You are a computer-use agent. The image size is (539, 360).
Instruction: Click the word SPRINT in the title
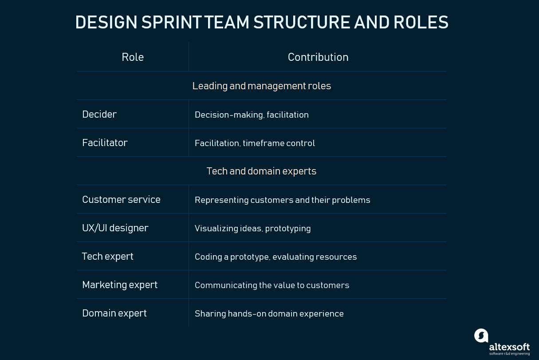(171, 22)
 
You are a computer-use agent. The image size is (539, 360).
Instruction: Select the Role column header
(133, 57)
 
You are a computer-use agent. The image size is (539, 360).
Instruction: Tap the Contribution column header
(318, 57)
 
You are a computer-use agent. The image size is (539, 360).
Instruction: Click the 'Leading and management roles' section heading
(262, 86)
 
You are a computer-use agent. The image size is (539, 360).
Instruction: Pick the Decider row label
(99, 115)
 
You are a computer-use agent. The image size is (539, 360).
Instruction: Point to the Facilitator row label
(105, 142)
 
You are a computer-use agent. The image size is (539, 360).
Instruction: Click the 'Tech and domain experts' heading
(262, 171)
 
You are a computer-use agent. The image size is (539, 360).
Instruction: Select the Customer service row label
(121, 200)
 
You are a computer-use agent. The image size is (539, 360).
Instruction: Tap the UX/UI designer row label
(115, 228)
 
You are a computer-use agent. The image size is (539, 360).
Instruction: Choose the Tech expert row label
(107, 257)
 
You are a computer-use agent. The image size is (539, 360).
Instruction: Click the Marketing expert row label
(120, 285)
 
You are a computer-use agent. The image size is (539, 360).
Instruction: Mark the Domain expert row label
(114, 313)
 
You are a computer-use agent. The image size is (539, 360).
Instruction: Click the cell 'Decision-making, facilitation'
(252, 115)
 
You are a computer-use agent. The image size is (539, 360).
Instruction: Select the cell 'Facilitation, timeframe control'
(255, 143)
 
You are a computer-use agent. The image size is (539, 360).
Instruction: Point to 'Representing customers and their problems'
(282, 200)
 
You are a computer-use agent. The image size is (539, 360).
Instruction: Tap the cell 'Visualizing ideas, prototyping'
(252, 229)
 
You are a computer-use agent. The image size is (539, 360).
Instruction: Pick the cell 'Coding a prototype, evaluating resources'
(275, 257)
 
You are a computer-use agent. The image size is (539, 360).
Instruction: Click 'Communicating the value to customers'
(271, 285)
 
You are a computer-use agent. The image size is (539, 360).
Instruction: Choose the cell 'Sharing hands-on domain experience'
(269, 314)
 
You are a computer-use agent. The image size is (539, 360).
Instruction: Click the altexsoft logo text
(509, 347)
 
